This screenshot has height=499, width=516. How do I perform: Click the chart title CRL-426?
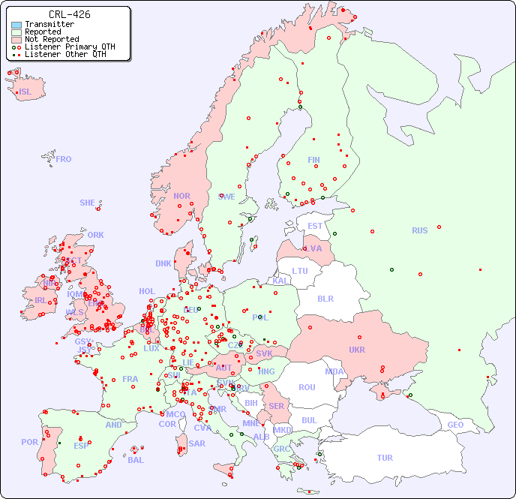point(70,14)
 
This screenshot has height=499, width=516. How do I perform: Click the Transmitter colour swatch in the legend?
point(16,25)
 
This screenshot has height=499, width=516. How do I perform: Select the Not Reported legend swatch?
point(16,40)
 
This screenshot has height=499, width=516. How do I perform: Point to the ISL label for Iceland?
point(25,92)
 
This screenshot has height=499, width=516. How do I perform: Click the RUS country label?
point(419,230)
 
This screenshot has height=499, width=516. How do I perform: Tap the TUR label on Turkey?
point(385,458)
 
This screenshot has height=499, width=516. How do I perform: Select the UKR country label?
point(357,350)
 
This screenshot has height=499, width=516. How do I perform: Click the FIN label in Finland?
point(313,160)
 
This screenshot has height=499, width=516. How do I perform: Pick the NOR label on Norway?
point(181,196)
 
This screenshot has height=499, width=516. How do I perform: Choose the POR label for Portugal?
point(29,442)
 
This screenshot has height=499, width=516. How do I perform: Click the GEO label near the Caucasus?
point(455,425)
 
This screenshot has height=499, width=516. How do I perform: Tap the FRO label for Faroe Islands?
point(64,159)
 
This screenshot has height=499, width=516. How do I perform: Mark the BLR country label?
point(325,298)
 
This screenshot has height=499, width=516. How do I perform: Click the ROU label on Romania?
point(307,387)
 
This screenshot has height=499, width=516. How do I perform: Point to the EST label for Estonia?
point(315,226)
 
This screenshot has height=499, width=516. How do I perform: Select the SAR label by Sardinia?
point(196,443)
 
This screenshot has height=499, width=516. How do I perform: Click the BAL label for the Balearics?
point(135,460)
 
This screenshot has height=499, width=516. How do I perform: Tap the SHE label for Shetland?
point(87,203)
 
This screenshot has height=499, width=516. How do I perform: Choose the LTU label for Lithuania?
point(300,271)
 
